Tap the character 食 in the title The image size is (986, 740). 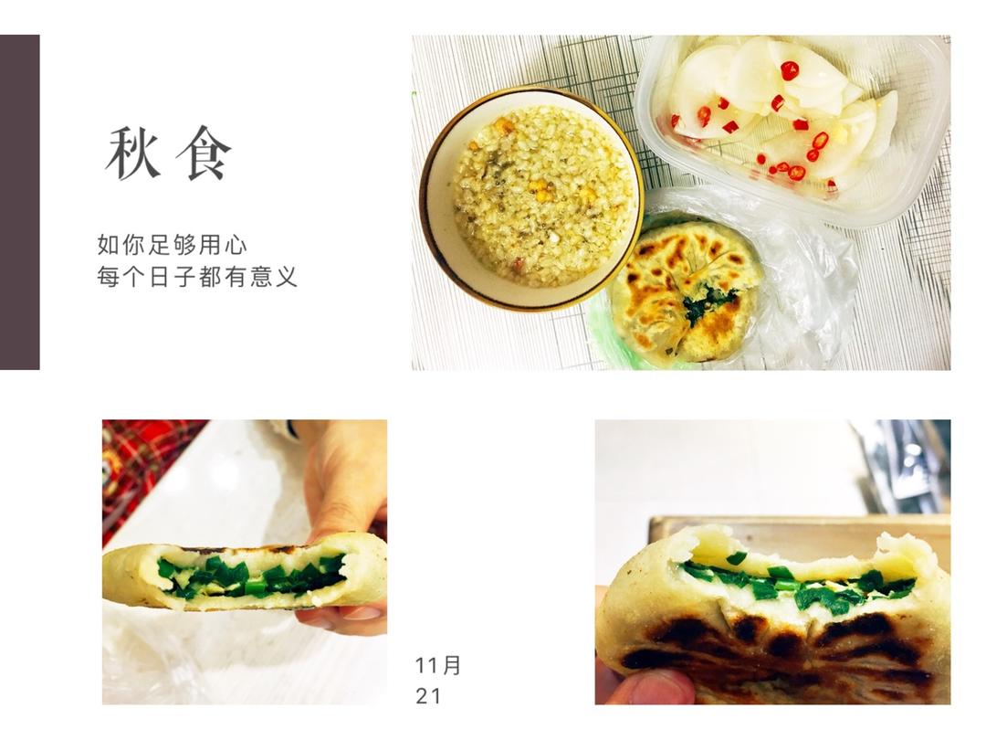[x=203, y=153]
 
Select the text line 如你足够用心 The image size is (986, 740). [x=172, y=245]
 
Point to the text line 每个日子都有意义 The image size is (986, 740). [x=197, y=276]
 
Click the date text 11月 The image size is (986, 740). [x=438, y=665]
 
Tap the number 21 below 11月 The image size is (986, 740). [x=428, y=696]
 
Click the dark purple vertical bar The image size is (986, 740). [x=19, y=202]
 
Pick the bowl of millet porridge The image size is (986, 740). [x=532, y=198]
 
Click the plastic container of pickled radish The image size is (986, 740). [x=793, y=126]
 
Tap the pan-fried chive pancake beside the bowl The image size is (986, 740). [x=687, y=290]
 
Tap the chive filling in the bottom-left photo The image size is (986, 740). [x=252, y=575]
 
